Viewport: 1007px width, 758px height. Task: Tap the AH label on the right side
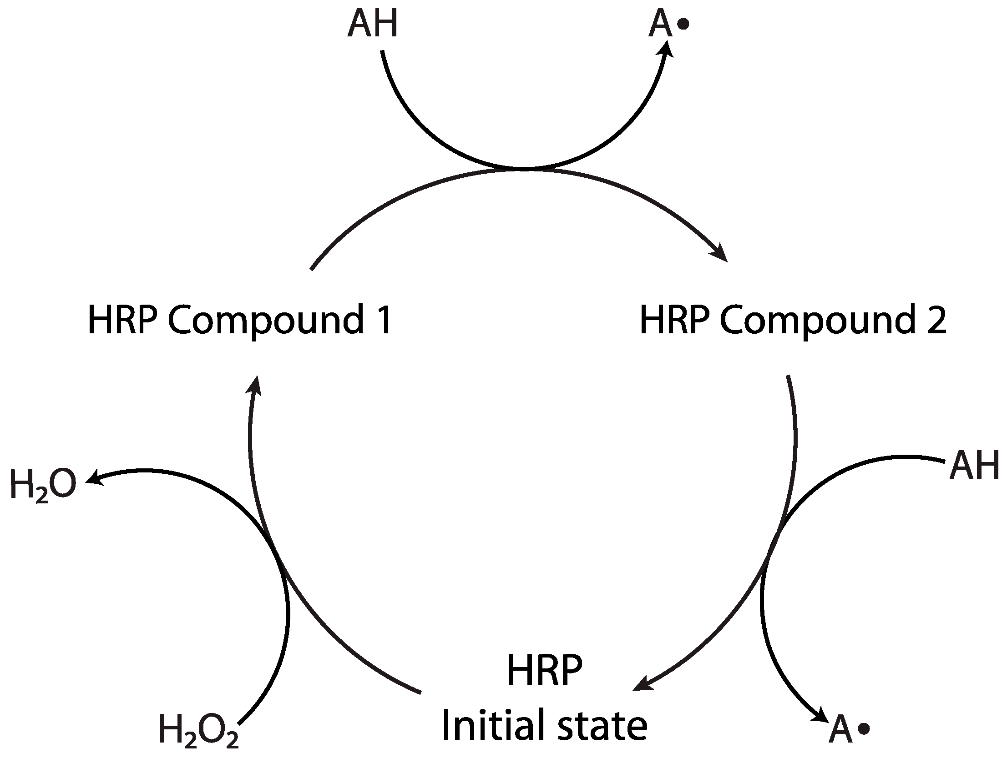point(974,465)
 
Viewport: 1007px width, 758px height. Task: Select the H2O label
point(42,485)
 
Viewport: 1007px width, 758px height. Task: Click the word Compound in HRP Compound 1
point(266,321)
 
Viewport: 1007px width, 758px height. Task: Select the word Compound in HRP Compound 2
point(818,321)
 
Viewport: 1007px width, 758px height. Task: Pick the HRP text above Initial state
point(544,671)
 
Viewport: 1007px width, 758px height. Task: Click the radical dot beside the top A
point(683,24)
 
